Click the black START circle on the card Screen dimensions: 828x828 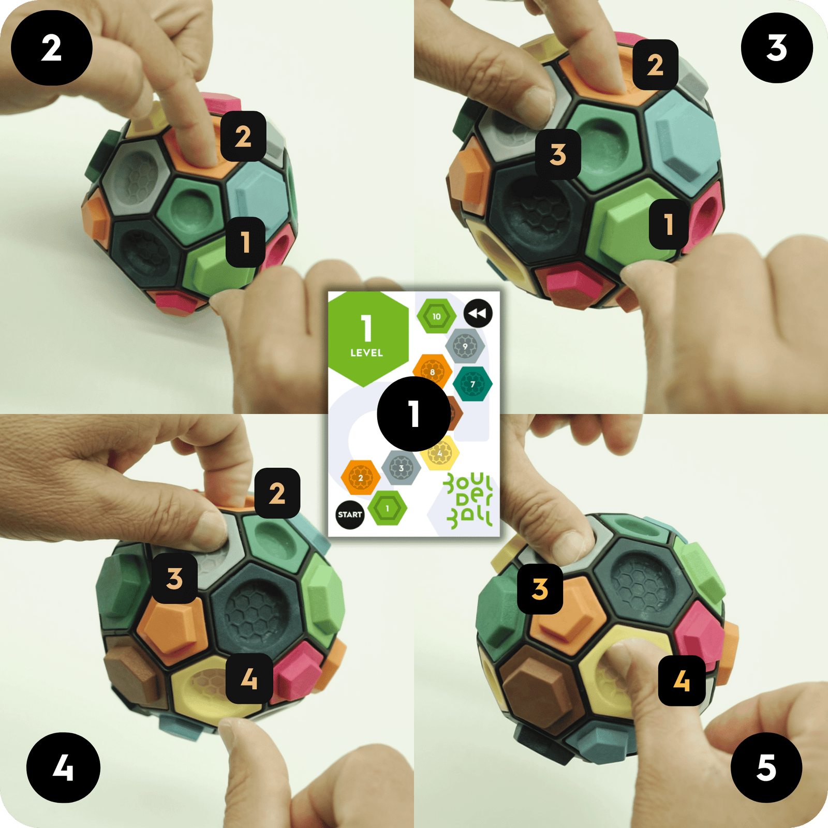click(x=350, y=514)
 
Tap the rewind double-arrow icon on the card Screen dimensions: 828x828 click(x=478, y=313)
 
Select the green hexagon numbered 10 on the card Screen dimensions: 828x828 click(x=437, y=316)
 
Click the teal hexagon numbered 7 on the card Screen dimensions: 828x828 click(x=472, y=384)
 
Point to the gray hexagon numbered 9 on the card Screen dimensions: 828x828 click(x=465, y=346)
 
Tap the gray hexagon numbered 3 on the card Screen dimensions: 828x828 click(x=401, y=468)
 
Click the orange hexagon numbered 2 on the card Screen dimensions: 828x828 click(x=361, y=477)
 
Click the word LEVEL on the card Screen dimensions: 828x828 click(x=366, y=353)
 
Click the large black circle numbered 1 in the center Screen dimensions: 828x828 click(x=413, y=413)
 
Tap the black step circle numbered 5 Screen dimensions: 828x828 click(x=766, y=767)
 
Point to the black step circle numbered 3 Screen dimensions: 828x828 click(x=777, y=48)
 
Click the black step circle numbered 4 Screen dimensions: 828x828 click(x=63, y=767)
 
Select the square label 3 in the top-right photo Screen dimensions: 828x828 click(x=558, y=154)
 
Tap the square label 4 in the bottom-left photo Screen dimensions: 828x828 click(x=249, y=678)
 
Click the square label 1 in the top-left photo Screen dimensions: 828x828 click(x=245, y=242)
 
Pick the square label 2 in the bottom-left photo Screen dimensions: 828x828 click(x=277, y=493)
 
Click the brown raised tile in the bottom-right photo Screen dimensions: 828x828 click(x=538, y=683)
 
